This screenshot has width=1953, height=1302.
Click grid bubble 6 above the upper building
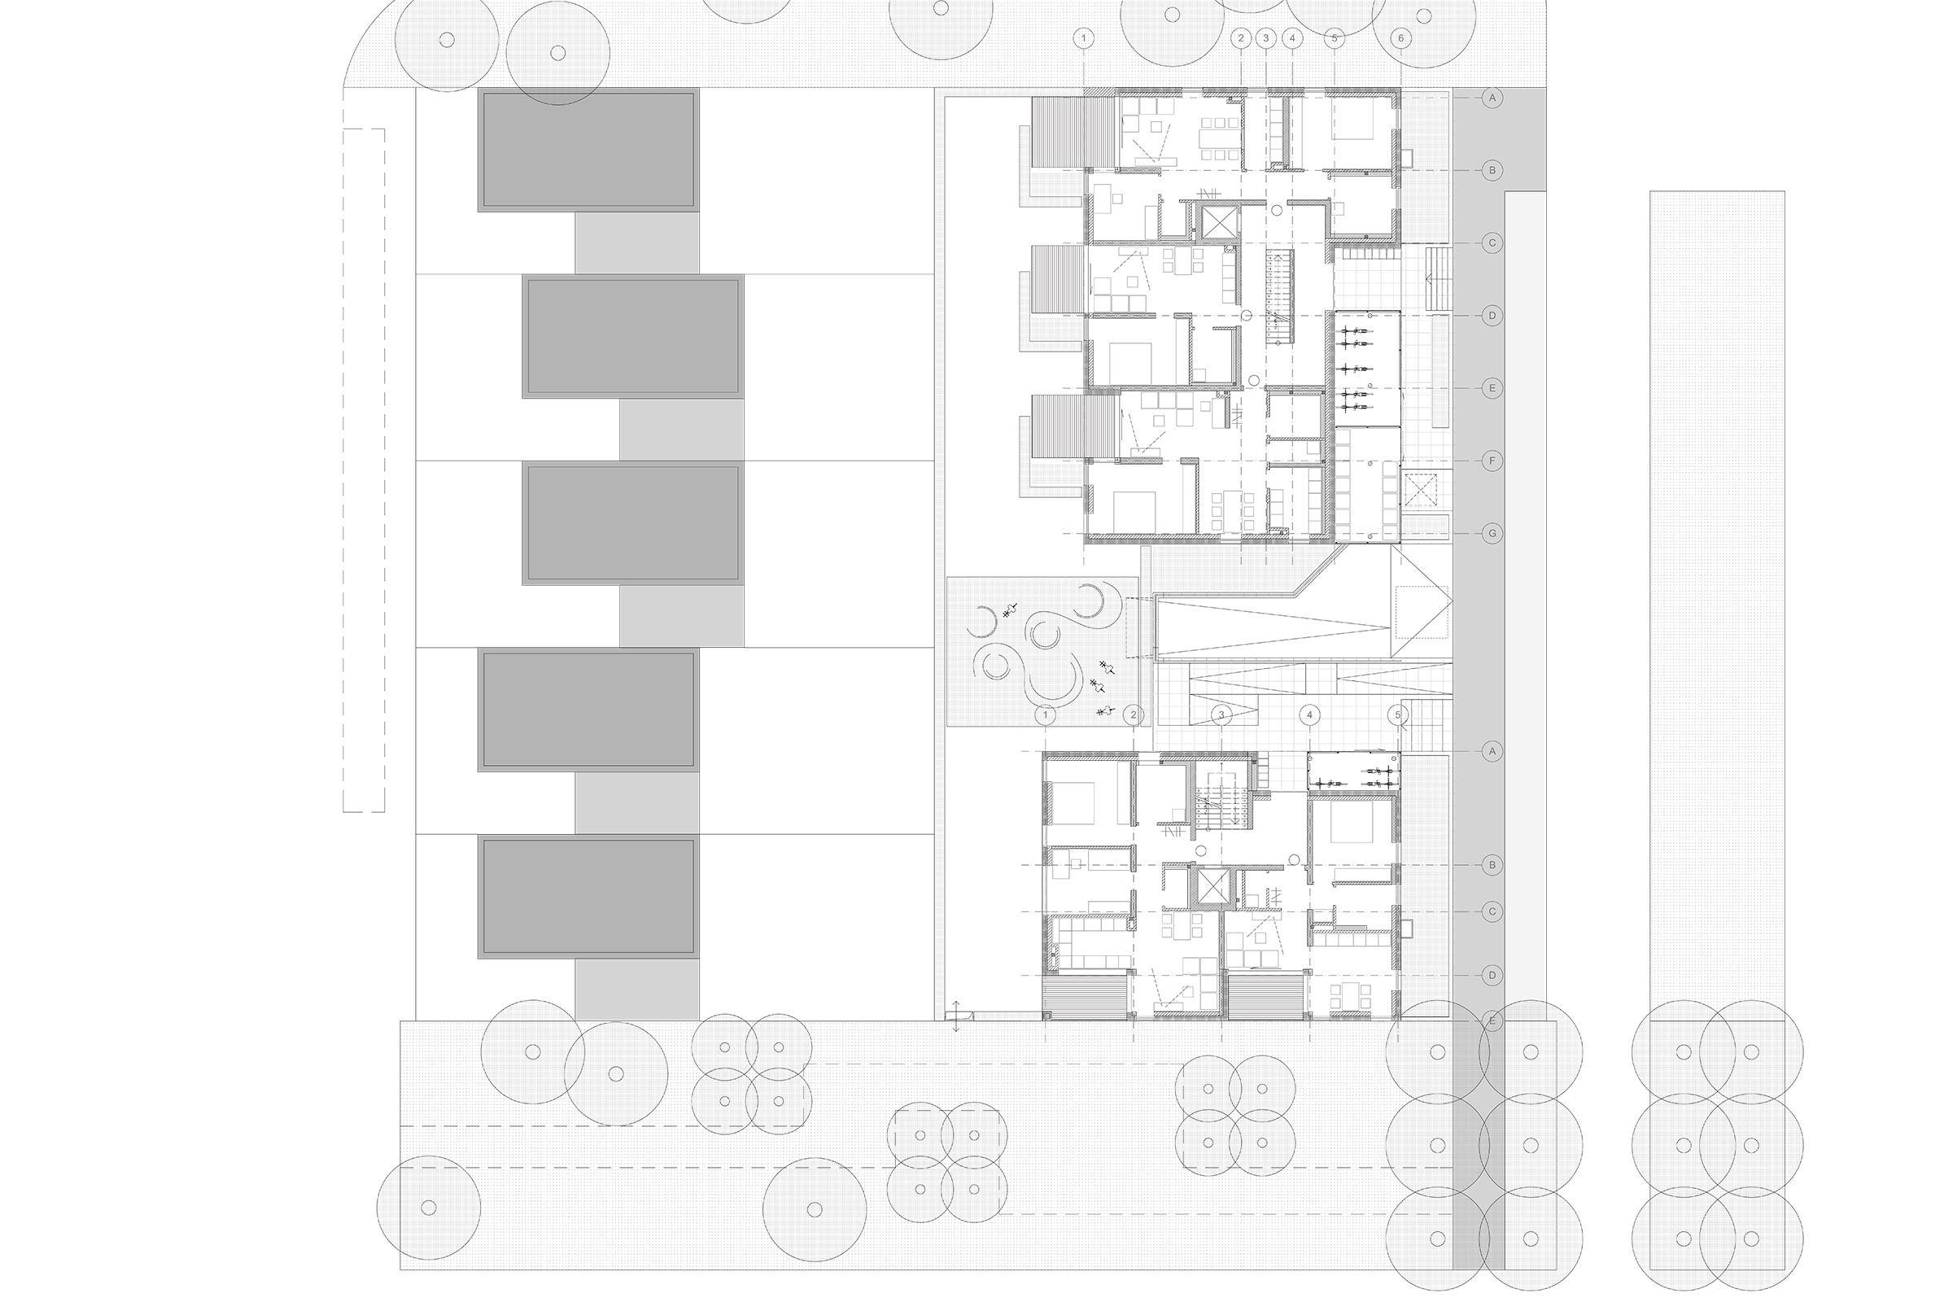click(1400, 38)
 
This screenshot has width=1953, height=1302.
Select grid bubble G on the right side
click(1492, 533)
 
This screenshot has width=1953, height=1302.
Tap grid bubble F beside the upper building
click(1492, 460)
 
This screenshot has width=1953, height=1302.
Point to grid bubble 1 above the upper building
click(1084, 38)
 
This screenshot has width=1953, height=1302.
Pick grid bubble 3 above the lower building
click(1221, 714)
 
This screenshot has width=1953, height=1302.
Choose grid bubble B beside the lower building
click(1492, 865)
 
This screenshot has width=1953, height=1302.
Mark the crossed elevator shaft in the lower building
click(1209, 888)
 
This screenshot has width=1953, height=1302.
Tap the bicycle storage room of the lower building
click(1353, 771)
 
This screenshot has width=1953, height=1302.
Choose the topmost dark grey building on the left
click(588, 150)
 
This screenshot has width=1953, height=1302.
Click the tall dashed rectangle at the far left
click(364, 470)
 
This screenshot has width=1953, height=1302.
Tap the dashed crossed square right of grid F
click(1421, 490)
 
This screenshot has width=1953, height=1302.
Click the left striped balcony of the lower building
click(1086, 994)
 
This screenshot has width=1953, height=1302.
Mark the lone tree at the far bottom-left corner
click(429, 1208)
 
